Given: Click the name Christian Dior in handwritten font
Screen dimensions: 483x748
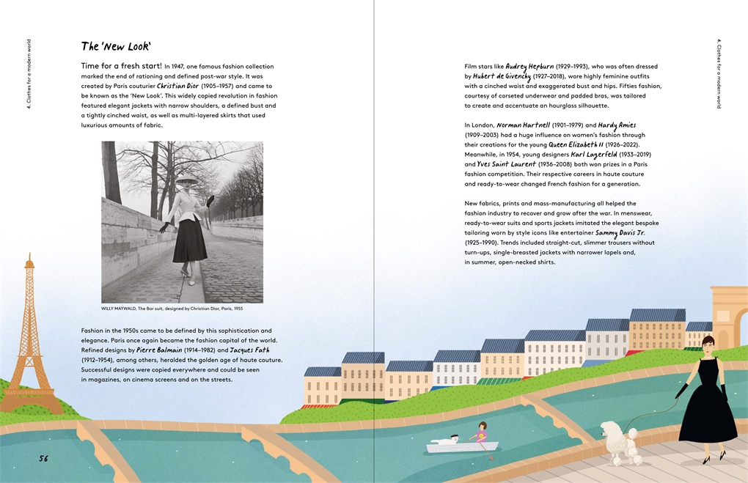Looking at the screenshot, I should (177, 86).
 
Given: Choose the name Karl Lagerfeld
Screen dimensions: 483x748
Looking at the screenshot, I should (600, 155).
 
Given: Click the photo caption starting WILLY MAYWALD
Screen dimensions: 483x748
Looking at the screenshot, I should (172, 309).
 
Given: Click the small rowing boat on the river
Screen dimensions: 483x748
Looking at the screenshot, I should (462, 444).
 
